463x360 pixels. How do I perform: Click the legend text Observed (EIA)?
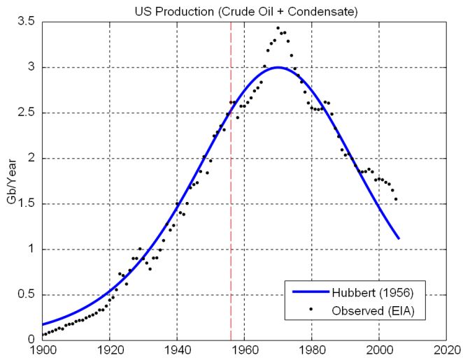(x=379, y=310)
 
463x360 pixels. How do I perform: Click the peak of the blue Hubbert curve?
(x=278, y=68)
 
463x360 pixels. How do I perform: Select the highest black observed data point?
(x=278, y=28)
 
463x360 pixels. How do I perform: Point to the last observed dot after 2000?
(x=396, y=199)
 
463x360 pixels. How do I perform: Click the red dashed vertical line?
(x=231, y=210)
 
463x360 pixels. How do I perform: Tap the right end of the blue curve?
(x=399, y=238)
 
